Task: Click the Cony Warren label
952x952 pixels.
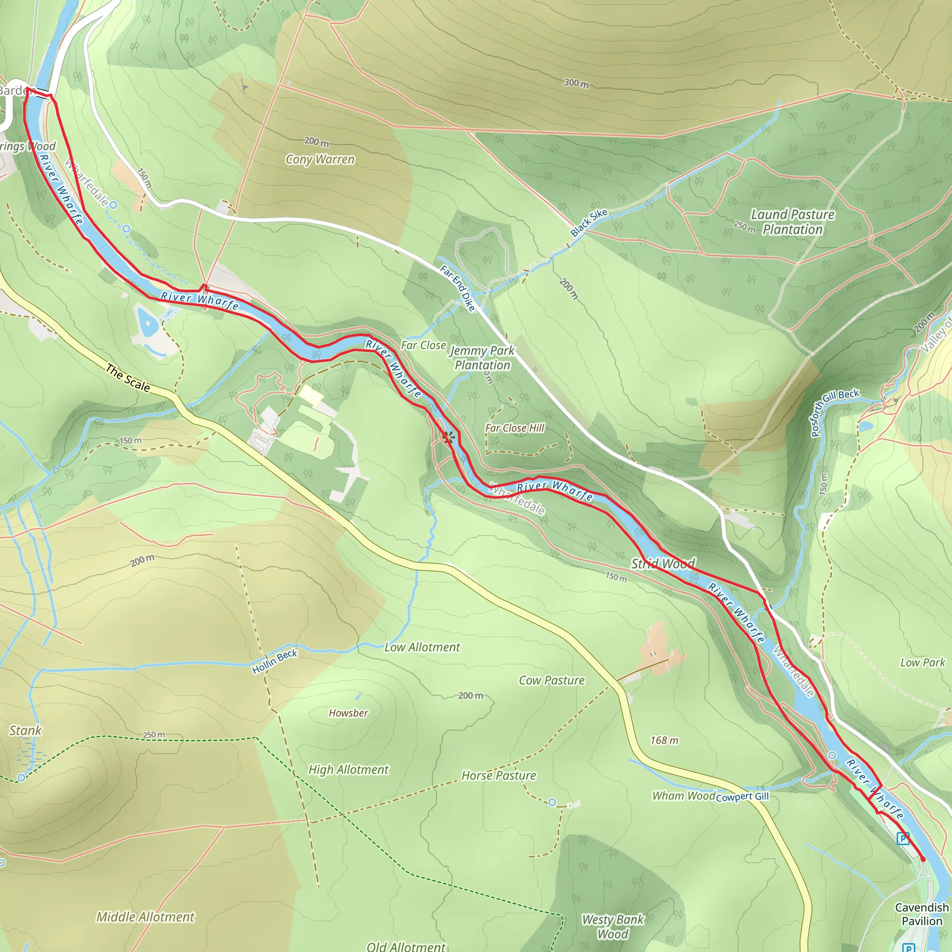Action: click(320, 159)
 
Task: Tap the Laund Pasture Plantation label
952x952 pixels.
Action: click(793, 222)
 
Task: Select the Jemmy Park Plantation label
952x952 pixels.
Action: click(482, 358)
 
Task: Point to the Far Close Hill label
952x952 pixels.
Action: click(515, 428)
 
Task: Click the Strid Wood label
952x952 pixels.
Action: click(663, 563)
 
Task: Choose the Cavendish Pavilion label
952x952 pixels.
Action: click(921, 914)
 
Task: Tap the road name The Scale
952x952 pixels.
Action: click(128, 378)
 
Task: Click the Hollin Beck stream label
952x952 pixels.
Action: click(274, 661)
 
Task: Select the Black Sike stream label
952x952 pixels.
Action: click(589, 222)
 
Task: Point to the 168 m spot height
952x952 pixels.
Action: click(664, 740)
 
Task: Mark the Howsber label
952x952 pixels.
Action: click(348, 713)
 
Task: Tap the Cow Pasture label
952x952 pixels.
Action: click(551, 680)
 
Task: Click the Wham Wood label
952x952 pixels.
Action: click(683, 796)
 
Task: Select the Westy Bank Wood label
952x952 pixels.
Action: click(613, 926)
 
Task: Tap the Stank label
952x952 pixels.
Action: click(25, 730)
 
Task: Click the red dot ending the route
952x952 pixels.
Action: click(923, 859)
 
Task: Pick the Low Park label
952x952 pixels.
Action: click(922, 662)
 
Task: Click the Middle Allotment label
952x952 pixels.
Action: click(145, 917)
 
